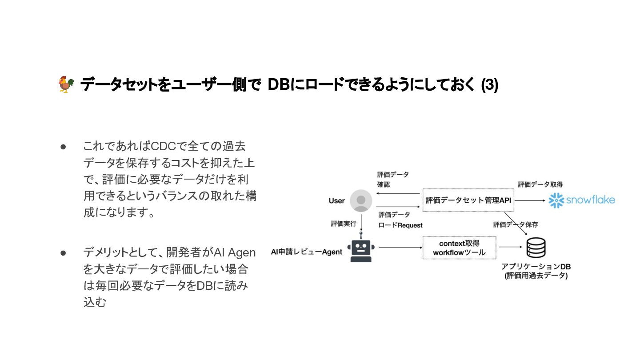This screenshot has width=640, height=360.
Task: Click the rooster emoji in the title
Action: coord(66,84)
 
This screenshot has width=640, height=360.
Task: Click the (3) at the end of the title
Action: coord(490,85)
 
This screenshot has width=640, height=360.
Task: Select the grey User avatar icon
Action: coord(361,201)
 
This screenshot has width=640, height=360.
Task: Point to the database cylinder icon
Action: coord(536,248)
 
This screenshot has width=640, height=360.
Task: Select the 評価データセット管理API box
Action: coord(468,200)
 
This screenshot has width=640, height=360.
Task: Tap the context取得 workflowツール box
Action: coord(459,248)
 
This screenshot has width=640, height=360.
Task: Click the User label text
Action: coord(336,201)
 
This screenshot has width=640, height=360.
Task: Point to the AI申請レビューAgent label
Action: coord(307,252)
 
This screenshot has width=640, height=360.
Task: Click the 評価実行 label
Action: coord(344,224)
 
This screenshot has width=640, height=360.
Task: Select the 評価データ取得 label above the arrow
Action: coord(540,184)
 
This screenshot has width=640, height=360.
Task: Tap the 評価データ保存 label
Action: coord(516,225)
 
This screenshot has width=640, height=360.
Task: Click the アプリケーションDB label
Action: coord(536,267)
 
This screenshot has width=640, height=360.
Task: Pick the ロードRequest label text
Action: coord(400,225)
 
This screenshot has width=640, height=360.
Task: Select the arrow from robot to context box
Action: coord(399,248)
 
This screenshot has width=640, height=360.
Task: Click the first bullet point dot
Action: coord(63,146)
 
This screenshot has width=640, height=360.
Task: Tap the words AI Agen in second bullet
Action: coord(235,253)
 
